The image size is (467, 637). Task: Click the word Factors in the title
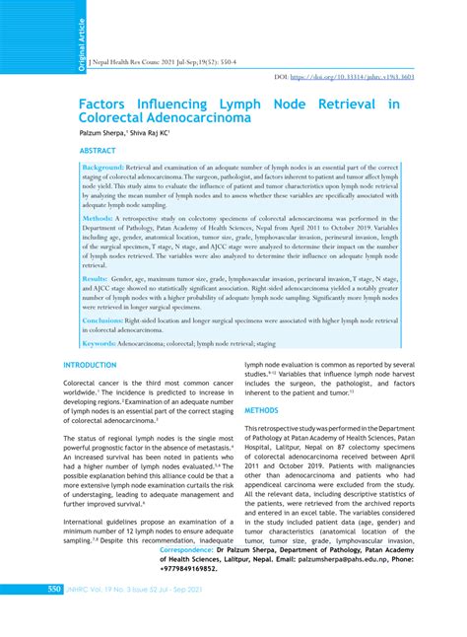[x=106, y=104]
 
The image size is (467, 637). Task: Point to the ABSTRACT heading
[x=98, y=151]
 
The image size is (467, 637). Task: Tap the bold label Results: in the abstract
[x=98, y=280]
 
